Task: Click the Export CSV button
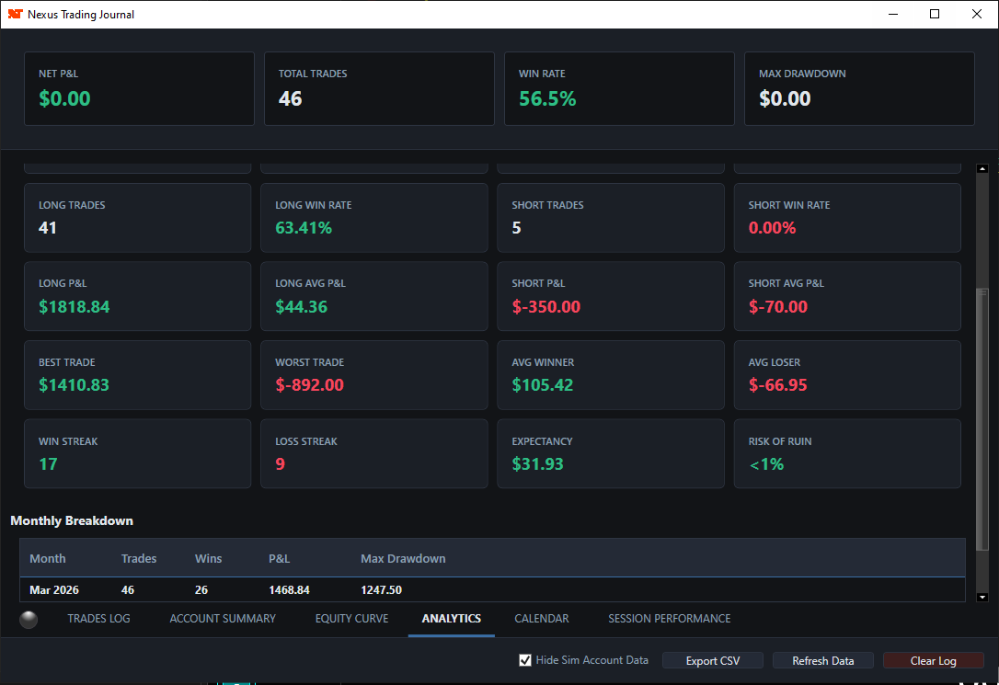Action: coord(713,660)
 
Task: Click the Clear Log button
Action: coord(933,660)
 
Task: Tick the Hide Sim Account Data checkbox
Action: coord(525,660)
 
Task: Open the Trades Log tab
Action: coord(98,619)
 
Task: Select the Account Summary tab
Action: coord(223,619)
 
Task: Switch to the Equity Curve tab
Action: coord(351,619)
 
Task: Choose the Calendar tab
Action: coord(542,619)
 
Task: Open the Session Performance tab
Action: coord(669,619)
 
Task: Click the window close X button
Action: coord(977,14)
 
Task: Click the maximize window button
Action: coord(935,14)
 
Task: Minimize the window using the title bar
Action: coord(892,14)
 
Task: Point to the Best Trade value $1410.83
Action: coord(74,385)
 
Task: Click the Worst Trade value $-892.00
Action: coord(309,385)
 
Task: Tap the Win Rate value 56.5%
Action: coord(547,98)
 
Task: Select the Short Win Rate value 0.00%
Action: coord(772,227)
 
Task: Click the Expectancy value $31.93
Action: coord(537,464)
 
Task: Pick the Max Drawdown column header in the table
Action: coord(403,558)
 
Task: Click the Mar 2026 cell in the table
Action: coord(54,589)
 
